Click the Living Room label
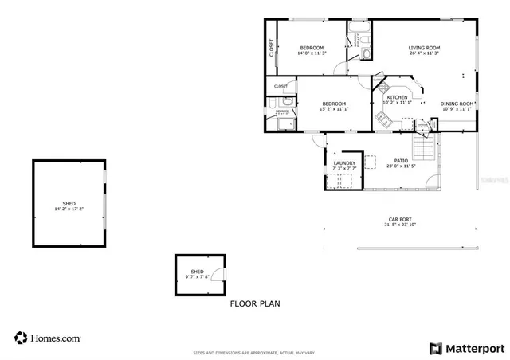tap(425, 48)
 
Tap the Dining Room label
tap(457, 104)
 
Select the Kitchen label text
tap(397, 97)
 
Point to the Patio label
tap(401, 161)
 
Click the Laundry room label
tap(344, 163)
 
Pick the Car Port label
tap(400, 219)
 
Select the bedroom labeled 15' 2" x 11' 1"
tap(334, 104)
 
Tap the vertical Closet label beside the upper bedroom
tap(272, 48)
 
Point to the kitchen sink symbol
tap(382, 119)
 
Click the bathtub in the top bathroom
tap(355, 34)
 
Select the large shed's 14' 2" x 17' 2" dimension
tap(69, 209)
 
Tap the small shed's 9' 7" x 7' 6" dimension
tap(197, 276)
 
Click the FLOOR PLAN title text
tap(255, 303)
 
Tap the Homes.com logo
tap(47, 338)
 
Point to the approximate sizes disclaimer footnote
tap(254, 352)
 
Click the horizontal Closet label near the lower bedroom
tap(280, 86)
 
